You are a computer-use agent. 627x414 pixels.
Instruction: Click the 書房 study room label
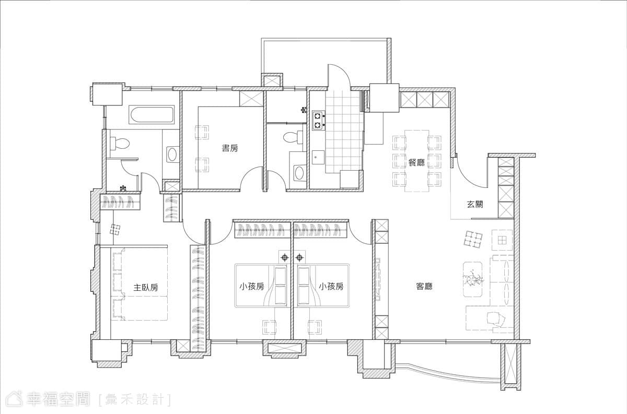(x=230, y=148)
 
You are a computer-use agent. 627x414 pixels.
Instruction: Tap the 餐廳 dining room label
(x=417, y=162)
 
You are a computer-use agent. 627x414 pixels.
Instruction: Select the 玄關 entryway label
(x=475, y=204)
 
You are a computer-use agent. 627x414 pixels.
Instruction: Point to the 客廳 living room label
(x=424, y=287)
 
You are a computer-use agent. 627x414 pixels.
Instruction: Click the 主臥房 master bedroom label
(x=146, y=287)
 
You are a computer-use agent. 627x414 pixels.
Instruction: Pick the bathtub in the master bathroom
(x=152, y=114)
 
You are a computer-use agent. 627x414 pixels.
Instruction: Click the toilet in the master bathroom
(x=120, y=143)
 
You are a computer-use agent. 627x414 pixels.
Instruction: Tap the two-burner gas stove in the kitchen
(x=319, y=120)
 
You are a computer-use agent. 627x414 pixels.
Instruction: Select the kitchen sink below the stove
(x=318, y=158)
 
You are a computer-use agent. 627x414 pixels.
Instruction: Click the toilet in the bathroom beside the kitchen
(x=293, y=137)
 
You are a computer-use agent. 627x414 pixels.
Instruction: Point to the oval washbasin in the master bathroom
(x=171, y=154)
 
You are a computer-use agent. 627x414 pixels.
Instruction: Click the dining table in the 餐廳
(x=417, y=161)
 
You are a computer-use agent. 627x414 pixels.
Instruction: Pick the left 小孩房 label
(x=252, y=287)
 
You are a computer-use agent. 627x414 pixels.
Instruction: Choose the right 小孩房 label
(x=331, y=287)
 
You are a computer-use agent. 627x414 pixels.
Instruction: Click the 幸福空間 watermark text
(x=58, y=399)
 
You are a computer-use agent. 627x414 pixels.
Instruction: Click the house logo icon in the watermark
(x=15, y=399)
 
